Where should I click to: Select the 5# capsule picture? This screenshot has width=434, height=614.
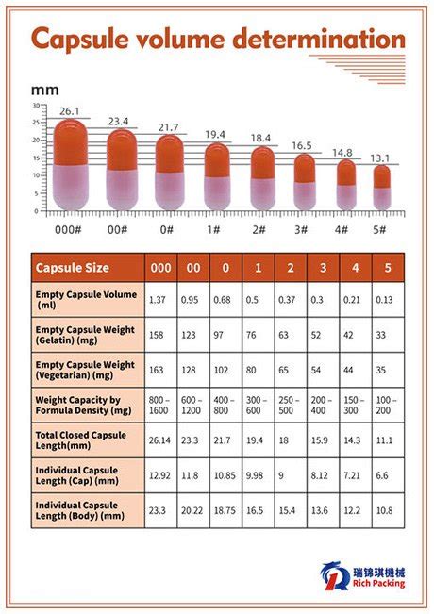[381, 189]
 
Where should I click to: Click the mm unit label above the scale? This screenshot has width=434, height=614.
[43, 90]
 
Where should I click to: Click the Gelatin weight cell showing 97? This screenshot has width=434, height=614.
[225, 334]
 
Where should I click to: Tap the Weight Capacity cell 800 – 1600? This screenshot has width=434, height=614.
[159, 406]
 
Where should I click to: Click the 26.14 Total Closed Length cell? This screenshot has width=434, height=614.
[159, 440]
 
